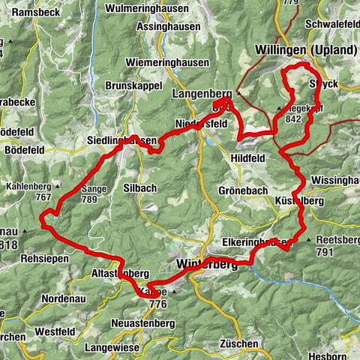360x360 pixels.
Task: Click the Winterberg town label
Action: point(207,265)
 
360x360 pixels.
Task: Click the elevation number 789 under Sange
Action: point(89,199)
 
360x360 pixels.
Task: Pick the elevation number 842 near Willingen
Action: point(293,118)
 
